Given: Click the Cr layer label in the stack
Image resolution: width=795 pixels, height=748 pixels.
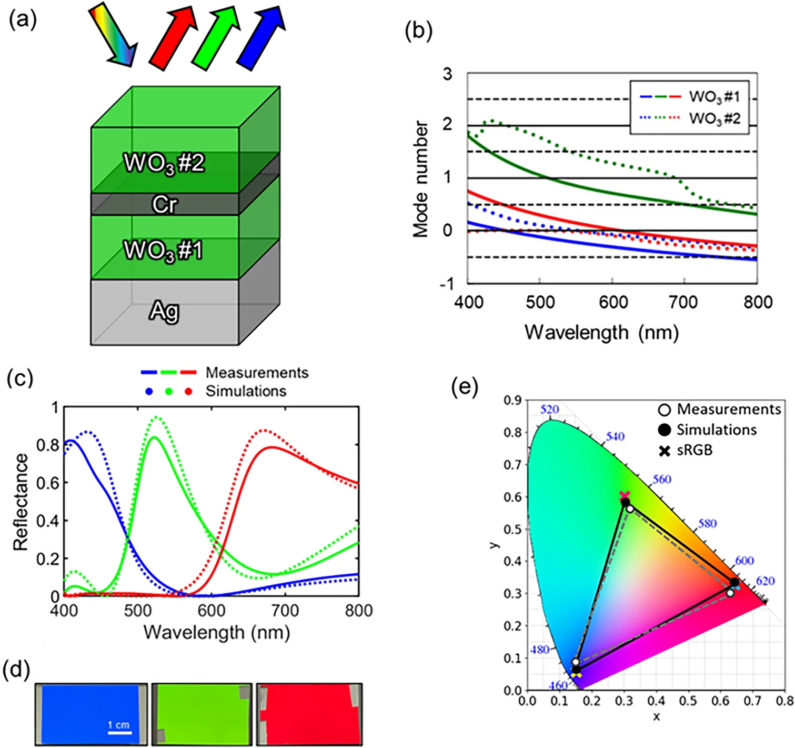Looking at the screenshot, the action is (x=165, y=205).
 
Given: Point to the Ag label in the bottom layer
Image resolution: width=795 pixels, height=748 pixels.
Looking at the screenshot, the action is (x=164, y=311).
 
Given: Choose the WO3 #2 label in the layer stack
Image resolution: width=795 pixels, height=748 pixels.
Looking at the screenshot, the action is (x=164, y=164).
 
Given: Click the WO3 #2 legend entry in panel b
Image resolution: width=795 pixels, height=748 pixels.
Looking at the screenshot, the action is (x=715, y=118).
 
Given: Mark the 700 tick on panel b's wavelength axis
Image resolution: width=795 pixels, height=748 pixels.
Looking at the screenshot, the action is (x=685, y=302).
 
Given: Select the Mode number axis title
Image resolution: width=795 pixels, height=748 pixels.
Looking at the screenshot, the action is (x=420, y=179).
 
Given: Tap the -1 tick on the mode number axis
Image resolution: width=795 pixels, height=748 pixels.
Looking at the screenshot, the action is (x=447, y=284).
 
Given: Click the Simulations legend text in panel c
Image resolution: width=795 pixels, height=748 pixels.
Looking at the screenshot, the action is (x=246, y=391).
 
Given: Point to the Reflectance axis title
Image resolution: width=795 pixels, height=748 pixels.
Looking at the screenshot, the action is (x=21, y=502).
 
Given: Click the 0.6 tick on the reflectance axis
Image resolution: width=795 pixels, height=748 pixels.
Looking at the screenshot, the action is (x=47, y=483).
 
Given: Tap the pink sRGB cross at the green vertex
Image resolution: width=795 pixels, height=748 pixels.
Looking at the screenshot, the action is (x=625, y=495).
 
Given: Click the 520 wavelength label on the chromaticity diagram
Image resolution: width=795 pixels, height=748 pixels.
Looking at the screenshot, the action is (x=550, y=410).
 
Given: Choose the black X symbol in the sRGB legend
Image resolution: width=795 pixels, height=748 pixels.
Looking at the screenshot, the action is (x=665, y=452).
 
